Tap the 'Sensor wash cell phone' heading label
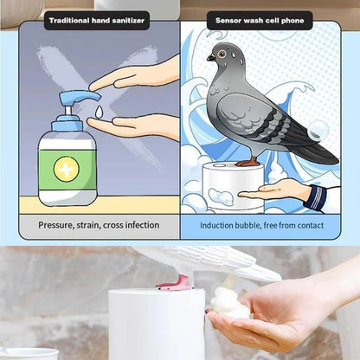point(260,20)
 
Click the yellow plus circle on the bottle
point(66,168)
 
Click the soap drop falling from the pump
point(99,112)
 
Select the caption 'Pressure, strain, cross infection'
point(99,225)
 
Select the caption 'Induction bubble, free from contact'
point(261,225)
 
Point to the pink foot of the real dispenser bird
point(179,280)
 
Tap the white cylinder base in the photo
point(155,325)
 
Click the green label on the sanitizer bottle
point(67,168)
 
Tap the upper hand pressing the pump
point(138,76)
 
